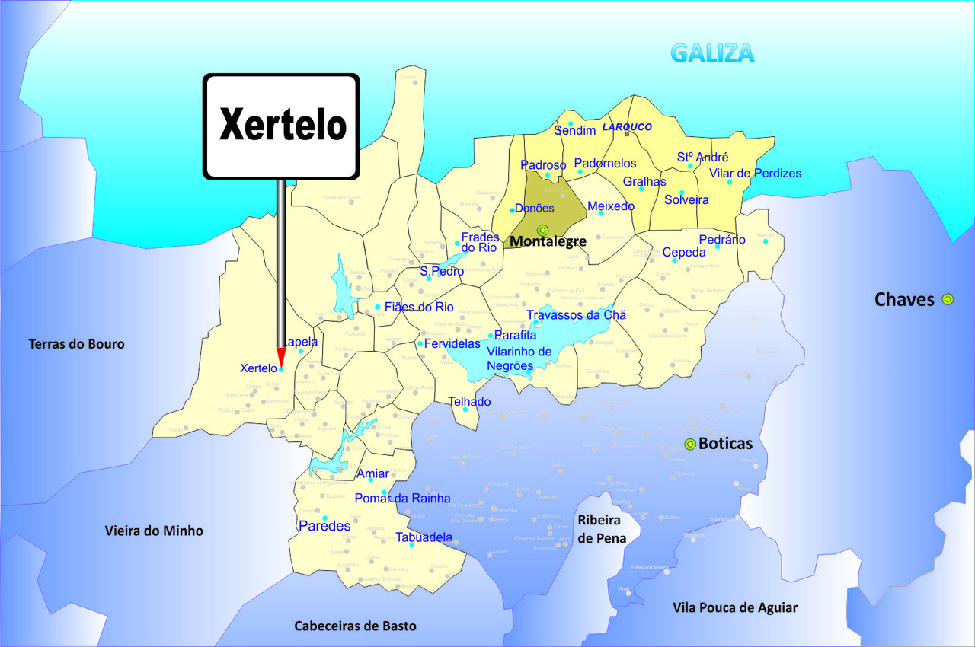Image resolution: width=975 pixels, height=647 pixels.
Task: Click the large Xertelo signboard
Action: pos(281,126)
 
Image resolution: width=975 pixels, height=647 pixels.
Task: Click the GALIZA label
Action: pos(712,53)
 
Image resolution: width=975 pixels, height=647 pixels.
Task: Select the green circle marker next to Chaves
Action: pos(948,299)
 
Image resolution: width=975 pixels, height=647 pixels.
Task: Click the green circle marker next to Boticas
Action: pos(690,444)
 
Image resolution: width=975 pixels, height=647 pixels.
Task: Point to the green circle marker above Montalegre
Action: pos(542,230)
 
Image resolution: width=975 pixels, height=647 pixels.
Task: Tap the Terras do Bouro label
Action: pos(76,344)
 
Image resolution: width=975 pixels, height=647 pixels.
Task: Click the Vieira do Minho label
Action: pos(154,531)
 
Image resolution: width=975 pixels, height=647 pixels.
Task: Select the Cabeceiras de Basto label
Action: pos(355,626)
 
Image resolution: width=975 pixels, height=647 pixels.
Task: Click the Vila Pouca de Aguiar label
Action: pos(735,607)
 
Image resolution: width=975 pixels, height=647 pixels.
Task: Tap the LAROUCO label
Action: pos(627,127)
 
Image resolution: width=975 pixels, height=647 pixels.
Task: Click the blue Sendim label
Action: pos(574,131)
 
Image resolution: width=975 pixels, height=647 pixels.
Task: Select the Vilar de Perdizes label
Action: pos(755,173)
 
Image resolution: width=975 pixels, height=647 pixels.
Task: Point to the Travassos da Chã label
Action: pos(576,315)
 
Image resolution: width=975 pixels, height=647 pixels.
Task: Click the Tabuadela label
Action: pos(424,537)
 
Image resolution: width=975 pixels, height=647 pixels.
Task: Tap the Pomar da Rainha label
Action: pos(402,499)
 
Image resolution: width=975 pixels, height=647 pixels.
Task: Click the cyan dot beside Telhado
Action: pos(465,410)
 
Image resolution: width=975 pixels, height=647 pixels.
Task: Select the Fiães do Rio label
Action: pos(419,308)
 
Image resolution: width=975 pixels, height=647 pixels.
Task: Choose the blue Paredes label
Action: pos(324,526)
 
